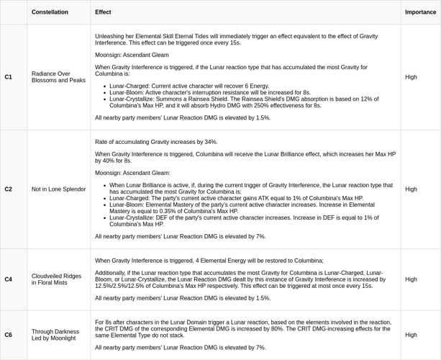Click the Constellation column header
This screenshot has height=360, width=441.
50,12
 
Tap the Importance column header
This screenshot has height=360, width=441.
420,12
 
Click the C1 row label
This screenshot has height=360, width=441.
9,76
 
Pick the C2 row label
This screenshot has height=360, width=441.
9,189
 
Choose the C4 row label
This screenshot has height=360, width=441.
9,279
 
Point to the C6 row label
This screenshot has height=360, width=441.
9,335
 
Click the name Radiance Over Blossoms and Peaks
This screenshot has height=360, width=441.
58,76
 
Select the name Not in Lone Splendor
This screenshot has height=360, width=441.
58,189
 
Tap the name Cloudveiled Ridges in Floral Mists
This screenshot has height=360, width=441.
56,279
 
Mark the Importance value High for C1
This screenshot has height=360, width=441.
411,76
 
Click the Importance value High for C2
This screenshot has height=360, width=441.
411,189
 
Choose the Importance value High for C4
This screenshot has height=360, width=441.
411,279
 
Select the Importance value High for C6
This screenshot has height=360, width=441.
411,335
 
